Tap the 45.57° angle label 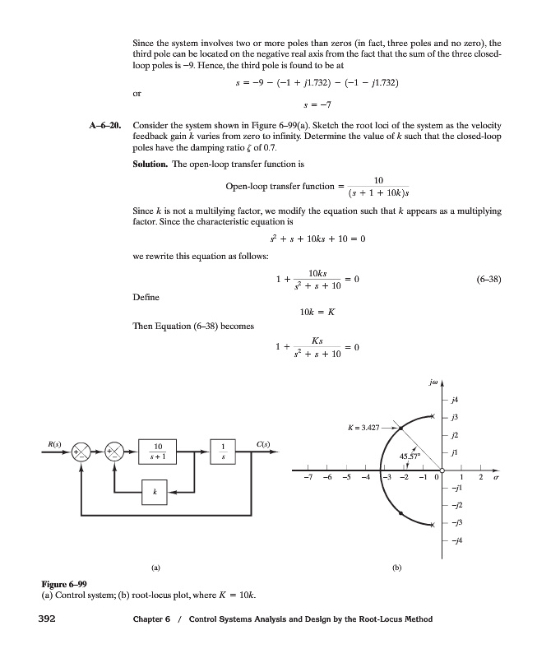pos(410,457)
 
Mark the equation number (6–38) pos(490,279)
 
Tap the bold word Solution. pos(153,164)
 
